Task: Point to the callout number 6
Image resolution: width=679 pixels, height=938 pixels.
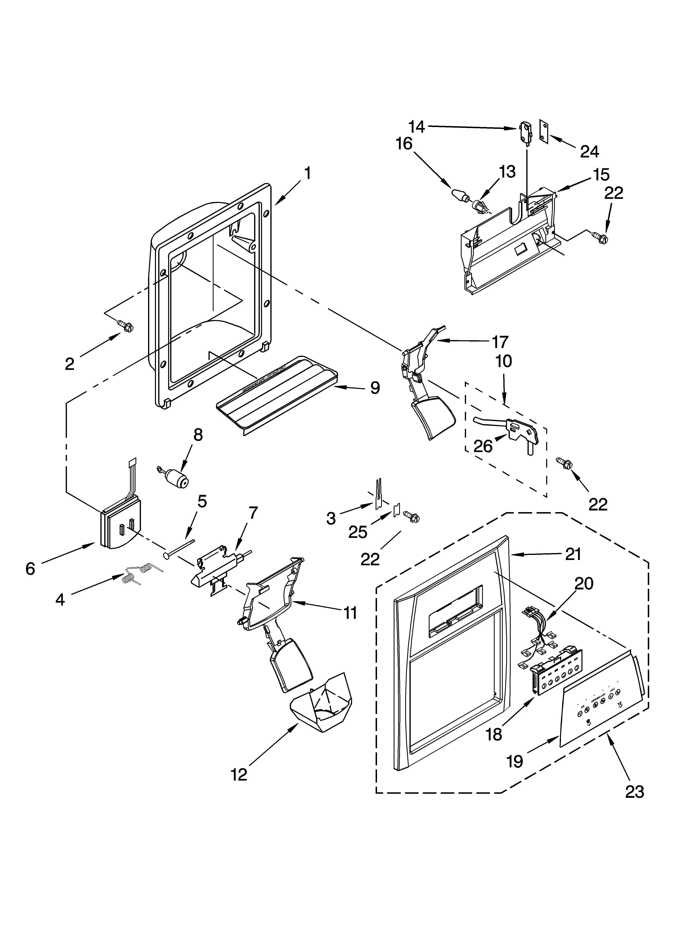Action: (30, 569)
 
